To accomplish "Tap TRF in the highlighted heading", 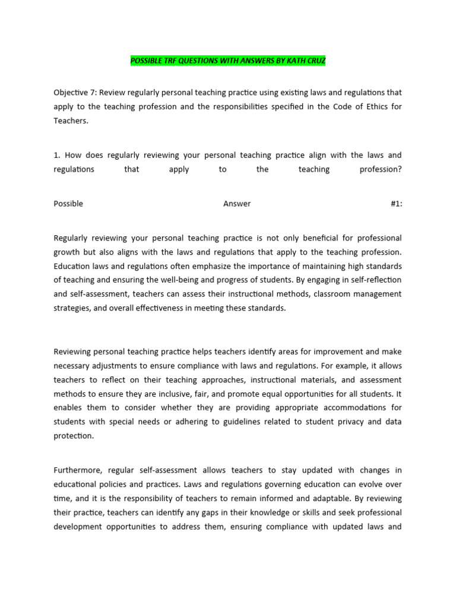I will [x=174, y=61].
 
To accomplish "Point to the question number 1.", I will [x=56, y=155].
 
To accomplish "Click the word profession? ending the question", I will [x=381, y=169].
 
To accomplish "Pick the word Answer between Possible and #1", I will [x=237, y=204].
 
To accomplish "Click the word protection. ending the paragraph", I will [x=74, y=436].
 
